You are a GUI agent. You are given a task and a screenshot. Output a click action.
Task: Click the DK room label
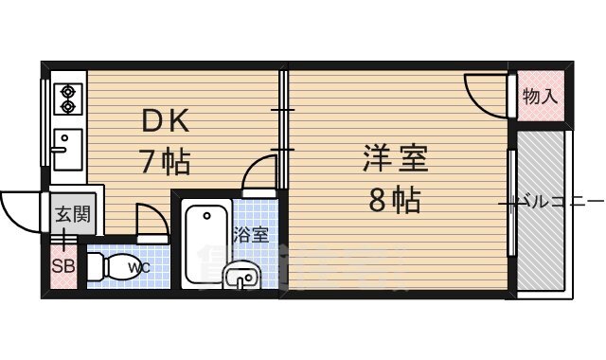[167, 121]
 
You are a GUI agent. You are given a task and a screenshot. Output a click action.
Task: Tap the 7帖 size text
[166, 162]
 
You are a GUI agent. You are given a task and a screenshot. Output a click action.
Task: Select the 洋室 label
[395, 157]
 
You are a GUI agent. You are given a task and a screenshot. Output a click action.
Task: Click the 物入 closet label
[540, 97]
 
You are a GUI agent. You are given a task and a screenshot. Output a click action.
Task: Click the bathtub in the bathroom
[204, 243]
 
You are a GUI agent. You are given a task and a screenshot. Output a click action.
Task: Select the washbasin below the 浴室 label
[243, 278]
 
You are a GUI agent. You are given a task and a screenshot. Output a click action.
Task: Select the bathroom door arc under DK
[258, 178]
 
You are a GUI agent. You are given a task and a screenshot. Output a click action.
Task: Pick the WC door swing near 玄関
[152, 220]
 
